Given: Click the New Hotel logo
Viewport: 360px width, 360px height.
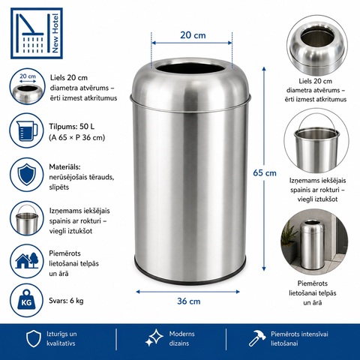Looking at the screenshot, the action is (x=37, y=33).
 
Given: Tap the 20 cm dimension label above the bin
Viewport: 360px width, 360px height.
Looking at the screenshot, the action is (x=193, y=35).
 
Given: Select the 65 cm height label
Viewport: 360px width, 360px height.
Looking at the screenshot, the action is (x=265, y=173).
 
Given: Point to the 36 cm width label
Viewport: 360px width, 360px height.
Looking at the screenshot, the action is (x=189, y=301).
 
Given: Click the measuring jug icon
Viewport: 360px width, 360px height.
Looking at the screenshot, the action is (x=27, y=130).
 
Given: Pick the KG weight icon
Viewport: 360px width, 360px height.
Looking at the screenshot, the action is (x=26, y=300).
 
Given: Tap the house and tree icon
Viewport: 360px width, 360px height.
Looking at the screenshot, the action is (x=27, y=261).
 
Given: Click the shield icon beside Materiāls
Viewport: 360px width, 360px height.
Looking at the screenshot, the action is (x=27, y=174).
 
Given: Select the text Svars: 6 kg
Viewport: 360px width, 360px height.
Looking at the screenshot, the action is (x=66, y=301).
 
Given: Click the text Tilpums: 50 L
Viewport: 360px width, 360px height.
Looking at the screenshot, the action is (x=72, y=127).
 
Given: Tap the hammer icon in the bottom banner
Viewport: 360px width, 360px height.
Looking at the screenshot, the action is (x=257, y=338).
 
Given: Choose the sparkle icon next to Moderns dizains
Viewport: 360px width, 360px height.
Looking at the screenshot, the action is (x=154, y=337).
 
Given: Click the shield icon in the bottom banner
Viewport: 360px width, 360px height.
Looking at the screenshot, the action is (x=34, y=338).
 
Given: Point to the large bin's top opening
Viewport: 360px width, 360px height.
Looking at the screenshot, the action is (x=190, y=68).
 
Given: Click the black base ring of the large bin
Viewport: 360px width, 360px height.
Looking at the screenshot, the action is (x=190, y=275).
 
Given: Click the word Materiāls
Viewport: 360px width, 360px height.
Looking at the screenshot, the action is (x=64, y=167).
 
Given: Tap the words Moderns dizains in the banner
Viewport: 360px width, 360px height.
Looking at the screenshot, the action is (x=181, y=338).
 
